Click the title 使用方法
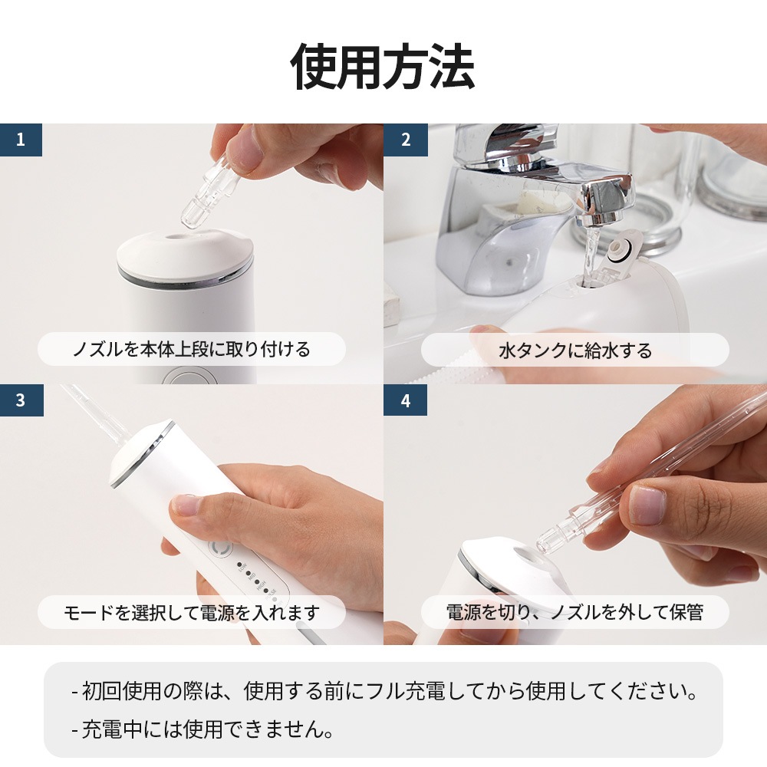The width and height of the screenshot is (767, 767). [383, 67]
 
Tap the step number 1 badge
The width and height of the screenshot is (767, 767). [21, 140]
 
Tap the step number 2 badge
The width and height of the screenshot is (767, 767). [405, 140]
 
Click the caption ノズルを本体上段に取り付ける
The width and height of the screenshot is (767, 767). [192, 350]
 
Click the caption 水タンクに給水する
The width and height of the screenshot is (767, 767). [575, 351]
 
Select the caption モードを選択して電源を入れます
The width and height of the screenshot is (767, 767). [192, 612]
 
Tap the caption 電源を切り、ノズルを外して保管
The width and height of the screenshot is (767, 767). [575, 612]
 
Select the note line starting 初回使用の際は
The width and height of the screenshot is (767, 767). [383, 693]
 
